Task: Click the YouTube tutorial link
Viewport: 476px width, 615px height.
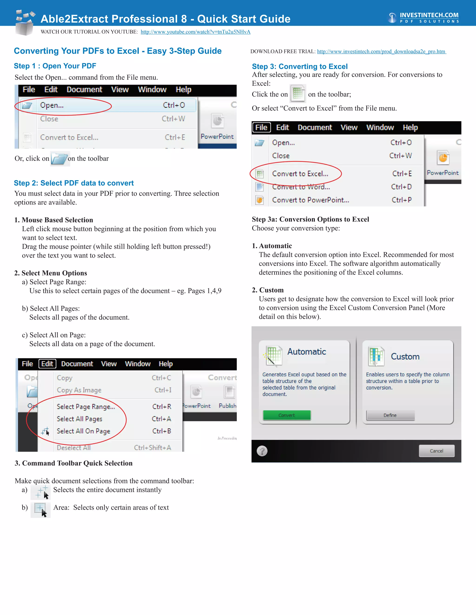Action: click(x=195, y=32)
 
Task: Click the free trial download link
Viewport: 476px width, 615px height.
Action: click(x=381, y=52)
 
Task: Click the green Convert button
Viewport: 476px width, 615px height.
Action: click(x=287, y=415)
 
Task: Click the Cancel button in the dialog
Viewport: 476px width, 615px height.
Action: click(x=436, y=451)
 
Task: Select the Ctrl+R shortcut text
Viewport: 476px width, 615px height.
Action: click(x=162, y=406)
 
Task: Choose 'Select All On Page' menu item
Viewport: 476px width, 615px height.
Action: click(x=83, y=431)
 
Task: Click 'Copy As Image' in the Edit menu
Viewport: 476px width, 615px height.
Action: click(x=79, y=390)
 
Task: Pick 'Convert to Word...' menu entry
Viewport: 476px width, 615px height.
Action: click(x=301, y=187)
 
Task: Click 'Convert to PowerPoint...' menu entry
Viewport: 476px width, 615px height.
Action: click(x=311, y=200)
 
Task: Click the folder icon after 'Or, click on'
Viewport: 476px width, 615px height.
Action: click(x=60, y=159)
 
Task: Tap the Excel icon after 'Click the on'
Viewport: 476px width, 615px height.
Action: click(x=298, y=93)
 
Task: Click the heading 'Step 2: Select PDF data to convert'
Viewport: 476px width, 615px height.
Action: click(x=74, y=183)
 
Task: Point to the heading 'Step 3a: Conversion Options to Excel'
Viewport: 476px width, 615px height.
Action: click(x=310, y=219)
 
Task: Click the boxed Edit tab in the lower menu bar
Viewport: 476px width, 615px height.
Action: click(x=47, y=364)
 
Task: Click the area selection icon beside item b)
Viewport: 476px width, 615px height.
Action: click(x=40, y=509)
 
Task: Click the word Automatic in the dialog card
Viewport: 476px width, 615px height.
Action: click(x=307, y=351)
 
